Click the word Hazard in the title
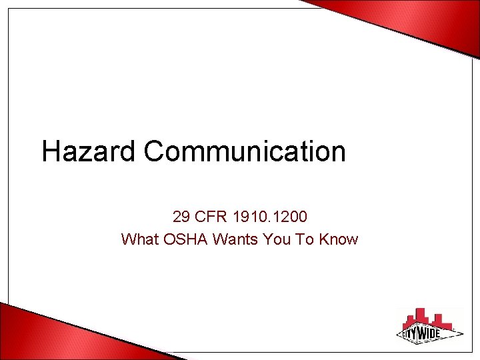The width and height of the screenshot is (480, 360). point(89,151)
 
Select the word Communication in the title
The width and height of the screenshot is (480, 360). point(245,151)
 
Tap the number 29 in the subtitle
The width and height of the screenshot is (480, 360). point(180,217)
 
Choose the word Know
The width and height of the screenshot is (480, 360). point(339,239)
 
